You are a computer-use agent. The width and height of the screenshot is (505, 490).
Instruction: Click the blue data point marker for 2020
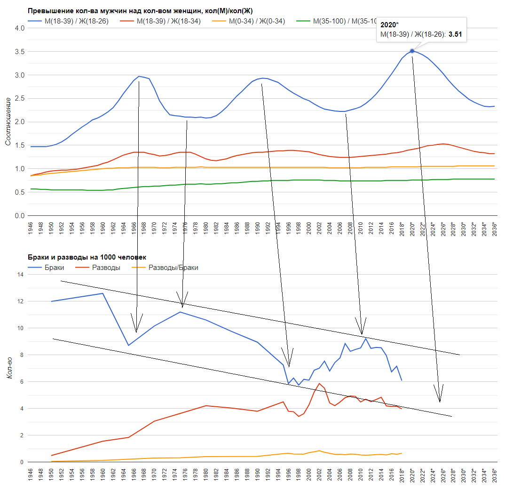pos(412,51)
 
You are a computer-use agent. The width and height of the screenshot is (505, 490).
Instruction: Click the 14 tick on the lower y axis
pos(20,274)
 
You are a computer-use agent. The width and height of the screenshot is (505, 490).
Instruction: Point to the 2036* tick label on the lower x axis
pos(494,478)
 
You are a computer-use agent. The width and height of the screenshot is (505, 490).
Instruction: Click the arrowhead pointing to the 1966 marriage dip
pos(136,331)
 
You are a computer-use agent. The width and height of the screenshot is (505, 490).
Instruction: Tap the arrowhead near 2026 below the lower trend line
pos(440,401)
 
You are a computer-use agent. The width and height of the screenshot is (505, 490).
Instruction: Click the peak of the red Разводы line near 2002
pos(319,383)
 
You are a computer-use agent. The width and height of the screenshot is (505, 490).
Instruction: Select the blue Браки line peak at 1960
pos(103,293)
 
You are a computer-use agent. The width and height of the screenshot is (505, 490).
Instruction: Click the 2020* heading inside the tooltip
pos(390,24)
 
